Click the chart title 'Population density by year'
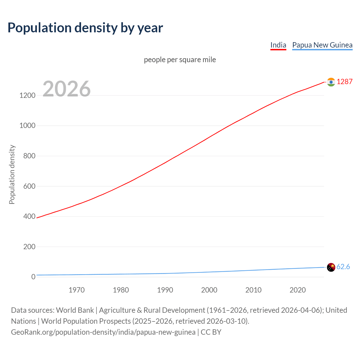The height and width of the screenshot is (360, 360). click(85, 28)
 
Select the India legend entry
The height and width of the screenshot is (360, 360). click(278, 45)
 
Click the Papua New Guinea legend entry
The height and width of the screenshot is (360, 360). click(322, 45)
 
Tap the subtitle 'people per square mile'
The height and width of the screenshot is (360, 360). click(180, 60)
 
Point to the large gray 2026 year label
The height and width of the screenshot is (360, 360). click(67, 89)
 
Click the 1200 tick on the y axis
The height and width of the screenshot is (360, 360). click(28, 95)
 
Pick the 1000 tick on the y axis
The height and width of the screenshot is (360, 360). click(28, 125)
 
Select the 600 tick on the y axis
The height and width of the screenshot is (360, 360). click(29, 186)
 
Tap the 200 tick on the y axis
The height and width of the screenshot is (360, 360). click(29, 247)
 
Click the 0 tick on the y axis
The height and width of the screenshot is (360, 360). click(33, 277)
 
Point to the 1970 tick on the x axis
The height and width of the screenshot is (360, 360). click(76, 290)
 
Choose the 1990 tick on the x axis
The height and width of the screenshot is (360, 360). click(165, 290)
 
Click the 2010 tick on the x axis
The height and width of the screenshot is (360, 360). click(253, 290)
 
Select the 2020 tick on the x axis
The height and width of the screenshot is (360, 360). click(298, 290)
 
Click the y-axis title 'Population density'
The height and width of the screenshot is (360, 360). click(12, 174)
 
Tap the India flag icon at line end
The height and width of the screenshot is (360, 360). click(331, 82)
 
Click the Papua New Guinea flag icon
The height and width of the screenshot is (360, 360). click(331, 267)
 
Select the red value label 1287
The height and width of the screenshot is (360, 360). click(345, 82)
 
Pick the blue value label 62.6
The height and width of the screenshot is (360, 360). click(343, 267)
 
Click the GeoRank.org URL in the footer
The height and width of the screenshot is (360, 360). click(103, 332)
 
